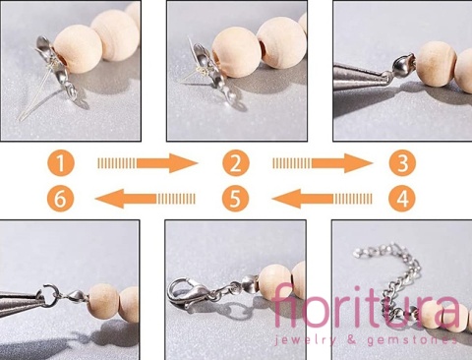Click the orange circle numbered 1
pos(61,163)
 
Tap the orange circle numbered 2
pos(236,163)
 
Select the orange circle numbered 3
pos(402,163)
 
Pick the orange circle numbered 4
pos(402,199)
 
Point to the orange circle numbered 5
pos(235,199)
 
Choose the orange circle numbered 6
pos(60,199)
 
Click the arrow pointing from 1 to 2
pos(147,163)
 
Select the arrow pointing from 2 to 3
pos(323,163)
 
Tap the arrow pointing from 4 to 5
pos(323,199)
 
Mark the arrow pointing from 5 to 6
pos(145,199)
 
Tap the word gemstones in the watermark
pos(413,340)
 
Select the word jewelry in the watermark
pos(305,340)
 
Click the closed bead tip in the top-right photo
pos(402,67)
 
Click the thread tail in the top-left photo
pos(36,98)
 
